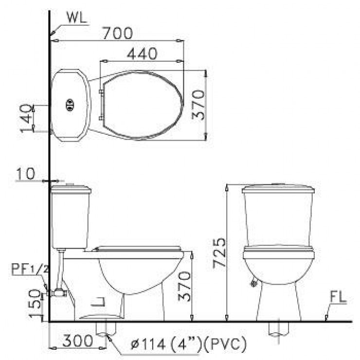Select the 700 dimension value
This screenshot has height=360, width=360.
point(117,33)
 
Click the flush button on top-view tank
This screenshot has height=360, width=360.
point(70,103)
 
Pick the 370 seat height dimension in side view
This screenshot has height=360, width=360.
point(185,287)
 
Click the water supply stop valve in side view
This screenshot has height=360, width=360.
point(59,292)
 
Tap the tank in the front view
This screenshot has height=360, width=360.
point(278,214)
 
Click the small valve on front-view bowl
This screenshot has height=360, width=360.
point(253,283)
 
